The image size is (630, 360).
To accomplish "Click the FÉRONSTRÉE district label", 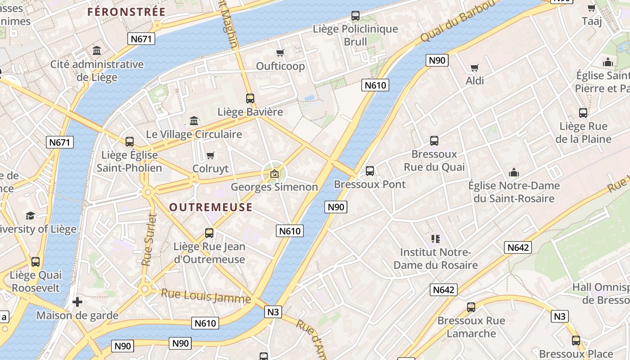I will (126, 12).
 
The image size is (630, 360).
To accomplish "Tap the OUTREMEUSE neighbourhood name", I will (211, 207).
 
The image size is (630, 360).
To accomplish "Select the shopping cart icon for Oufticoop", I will (280, 53).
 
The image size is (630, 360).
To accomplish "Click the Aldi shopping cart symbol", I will (474, 67).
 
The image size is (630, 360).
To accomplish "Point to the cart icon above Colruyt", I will (210, 156).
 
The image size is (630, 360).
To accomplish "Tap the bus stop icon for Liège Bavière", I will (250, 98).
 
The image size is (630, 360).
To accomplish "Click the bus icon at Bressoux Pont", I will (369, 171).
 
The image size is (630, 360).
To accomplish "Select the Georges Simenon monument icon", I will (274, 174).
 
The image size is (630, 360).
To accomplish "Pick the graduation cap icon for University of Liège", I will (30, 216).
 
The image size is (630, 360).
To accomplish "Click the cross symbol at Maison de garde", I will (77, 302).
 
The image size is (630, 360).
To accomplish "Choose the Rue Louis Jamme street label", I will (206, 296).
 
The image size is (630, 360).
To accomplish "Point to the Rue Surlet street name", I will (149, 239).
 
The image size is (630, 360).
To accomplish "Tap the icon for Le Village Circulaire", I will (194, 121).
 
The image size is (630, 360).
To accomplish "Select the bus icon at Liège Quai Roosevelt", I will (36, 261).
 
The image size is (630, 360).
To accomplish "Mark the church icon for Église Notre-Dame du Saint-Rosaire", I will (513, 172).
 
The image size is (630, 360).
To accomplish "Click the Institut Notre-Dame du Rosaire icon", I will (435, 238).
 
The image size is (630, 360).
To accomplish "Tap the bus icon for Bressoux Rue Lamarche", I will (471, 307).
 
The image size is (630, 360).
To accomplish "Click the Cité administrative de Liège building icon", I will (97, 50).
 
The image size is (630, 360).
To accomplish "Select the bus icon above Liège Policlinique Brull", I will (355, 16).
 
